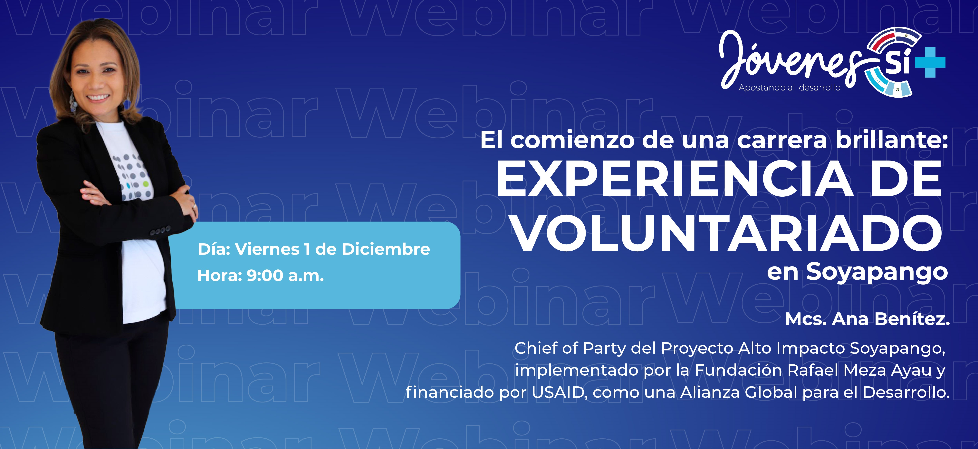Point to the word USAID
click(x=558, y=392)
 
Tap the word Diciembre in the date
click(x=386, y=249)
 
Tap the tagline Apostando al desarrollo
click(x=790, y=88)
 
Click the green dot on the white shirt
click(x=146, y=184)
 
